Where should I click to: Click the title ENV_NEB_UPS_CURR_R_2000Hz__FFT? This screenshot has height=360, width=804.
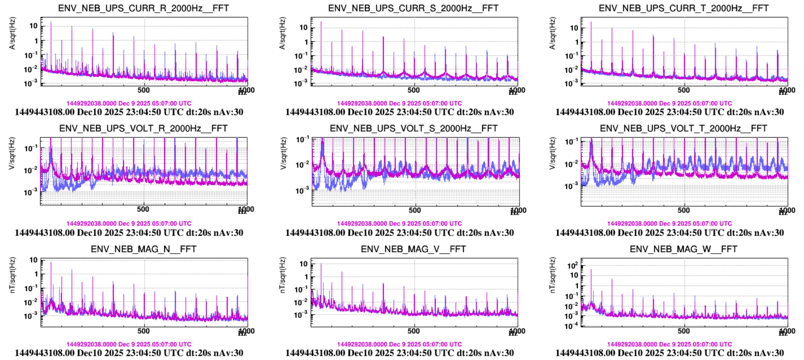point(143,8)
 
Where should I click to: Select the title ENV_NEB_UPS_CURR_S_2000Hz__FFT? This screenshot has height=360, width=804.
point(413,8)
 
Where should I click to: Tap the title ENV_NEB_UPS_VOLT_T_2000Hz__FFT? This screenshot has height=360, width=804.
point(683,128)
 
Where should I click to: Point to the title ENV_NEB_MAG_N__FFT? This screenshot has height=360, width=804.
point(143,249)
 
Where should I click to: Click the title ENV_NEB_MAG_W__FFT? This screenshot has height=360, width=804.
point(683,249)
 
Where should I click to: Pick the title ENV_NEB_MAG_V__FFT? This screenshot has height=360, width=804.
point(413,249)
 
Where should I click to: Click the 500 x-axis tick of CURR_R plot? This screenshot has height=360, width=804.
point(143,90)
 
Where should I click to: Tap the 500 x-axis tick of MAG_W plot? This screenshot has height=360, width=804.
point(683,331)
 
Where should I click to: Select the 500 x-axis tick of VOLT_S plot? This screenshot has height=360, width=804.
point(414,210)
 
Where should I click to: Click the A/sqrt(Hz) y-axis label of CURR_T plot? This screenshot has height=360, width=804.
point(552,33)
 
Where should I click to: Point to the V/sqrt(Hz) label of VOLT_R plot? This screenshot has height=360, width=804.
point(12,153)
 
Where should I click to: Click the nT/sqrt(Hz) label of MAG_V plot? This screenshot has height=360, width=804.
point(282,275)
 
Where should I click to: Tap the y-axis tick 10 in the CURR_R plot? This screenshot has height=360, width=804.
point(33,26)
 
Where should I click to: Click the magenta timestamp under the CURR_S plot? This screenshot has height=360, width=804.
point(399,103)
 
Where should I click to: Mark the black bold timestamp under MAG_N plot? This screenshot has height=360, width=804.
point(129,353)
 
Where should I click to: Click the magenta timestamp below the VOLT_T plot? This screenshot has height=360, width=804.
point(669,223)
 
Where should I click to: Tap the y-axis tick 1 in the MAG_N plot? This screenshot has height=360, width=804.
point(36,274)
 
